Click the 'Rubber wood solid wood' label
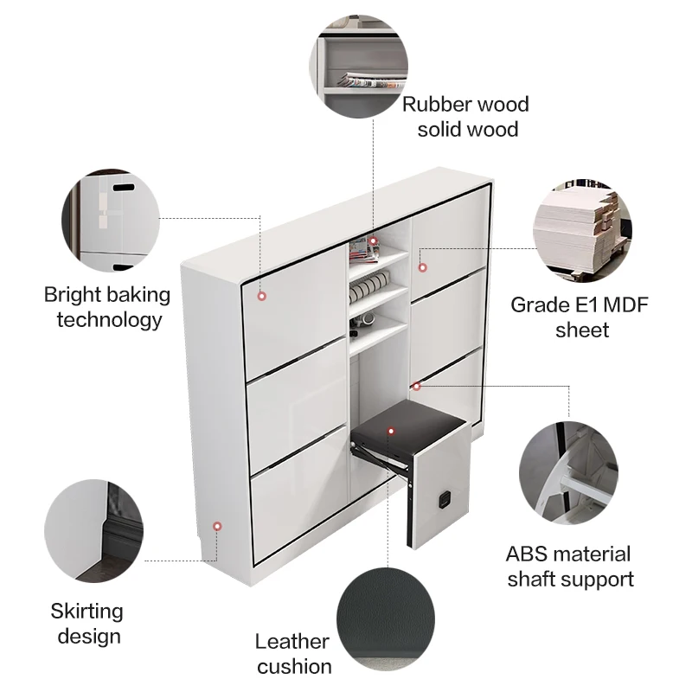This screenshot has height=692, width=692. coord(465,117)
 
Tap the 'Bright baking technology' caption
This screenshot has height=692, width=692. coord(107,307)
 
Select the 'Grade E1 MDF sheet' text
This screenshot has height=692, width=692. coord(580,317)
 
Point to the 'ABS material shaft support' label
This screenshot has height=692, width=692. coord(568,566)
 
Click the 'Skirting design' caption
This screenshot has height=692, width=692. coord(86,624)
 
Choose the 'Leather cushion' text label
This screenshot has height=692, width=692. coord(293,654)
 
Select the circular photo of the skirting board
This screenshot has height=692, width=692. coord(93,529)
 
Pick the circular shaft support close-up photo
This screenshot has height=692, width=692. coord(568,472)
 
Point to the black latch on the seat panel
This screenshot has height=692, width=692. coord(447,498)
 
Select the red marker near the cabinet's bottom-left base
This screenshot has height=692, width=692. coord(218,525)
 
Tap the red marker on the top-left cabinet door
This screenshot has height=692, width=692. coord(261,296)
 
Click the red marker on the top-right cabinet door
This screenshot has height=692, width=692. coord(423,253)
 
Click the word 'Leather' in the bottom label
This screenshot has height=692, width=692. coord(292,642)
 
